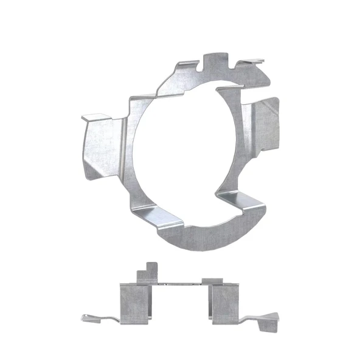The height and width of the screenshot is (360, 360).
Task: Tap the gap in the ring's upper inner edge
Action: point(213,88)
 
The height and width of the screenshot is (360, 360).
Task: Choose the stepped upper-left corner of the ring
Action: point(143,97)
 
